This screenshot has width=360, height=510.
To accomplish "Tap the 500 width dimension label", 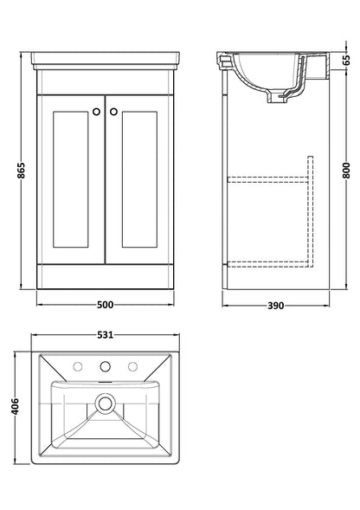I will [x=104, y=305].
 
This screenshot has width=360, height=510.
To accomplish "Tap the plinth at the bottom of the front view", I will [x=104, y=284].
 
